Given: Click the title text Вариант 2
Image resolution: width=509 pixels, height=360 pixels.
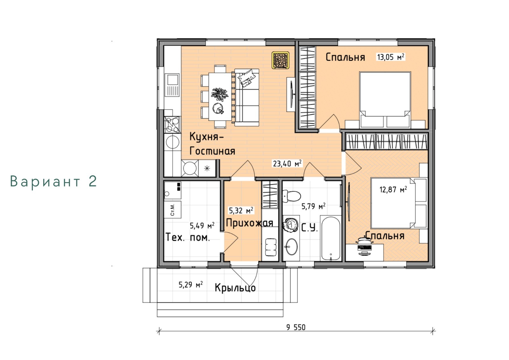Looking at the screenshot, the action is [x=54, y=181].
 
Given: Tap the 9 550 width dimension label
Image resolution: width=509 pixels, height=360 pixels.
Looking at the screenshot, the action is [x=296, y=328].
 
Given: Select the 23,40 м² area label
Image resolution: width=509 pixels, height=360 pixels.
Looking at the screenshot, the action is [x=287, y=164].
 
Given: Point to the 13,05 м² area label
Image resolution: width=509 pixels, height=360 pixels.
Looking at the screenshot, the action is [x=391, y=57].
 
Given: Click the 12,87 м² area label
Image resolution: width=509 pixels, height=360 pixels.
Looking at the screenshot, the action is [x=393, y=189].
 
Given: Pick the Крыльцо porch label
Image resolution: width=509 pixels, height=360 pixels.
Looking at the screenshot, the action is [x=235, y=288].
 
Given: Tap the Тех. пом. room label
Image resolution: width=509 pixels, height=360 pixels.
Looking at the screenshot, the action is [x=188, y=237].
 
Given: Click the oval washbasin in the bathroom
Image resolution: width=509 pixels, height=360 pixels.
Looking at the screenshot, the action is [x=291, y=247].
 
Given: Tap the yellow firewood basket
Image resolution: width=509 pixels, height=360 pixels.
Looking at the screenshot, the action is [x=280, y=60].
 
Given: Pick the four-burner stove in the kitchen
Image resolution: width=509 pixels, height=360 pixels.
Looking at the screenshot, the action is [x=172, y=125].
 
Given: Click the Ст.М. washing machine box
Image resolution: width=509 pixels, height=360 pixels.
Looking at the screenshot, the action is [x=172, y=209].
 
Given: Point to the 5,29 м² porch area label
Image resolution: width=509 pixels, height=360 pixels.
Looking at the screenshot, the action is [x=191, y=285].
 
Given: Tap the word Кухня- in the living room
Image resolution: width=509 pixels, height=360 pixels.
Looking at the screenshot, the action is [x=206, y=137].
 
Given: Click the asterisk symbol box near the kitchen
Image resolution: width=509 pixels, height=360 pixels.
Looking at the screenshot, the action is [x=207, y=168].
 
